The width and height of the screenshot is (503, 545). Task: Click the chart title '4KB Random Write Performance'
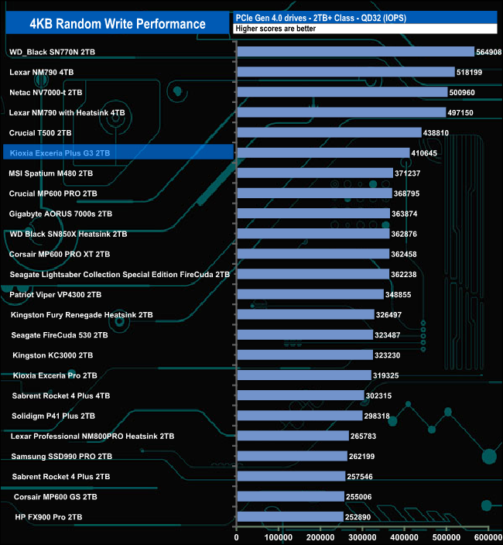118,24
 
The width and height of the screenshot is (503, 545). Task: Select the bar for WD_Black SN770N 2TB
355,52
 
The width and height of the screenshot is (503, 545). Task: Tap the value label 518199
477,72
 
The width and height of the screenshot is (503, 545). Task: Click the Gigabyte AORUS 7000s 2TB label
60,214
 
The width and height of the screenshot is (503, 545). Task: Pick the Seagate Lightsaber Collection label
120,274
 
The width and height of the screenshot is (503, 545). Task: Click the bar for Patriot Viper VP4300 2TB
310,294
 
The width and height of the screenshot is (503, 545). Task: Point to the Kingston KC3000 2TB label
53,355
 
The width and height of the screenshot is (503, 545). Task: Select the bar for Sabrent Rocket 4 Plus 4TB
300,396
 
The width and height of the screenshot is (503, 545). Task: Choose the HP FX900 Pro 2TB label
49,516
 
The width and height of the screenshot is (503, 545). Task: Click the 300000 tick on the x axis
362,536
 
